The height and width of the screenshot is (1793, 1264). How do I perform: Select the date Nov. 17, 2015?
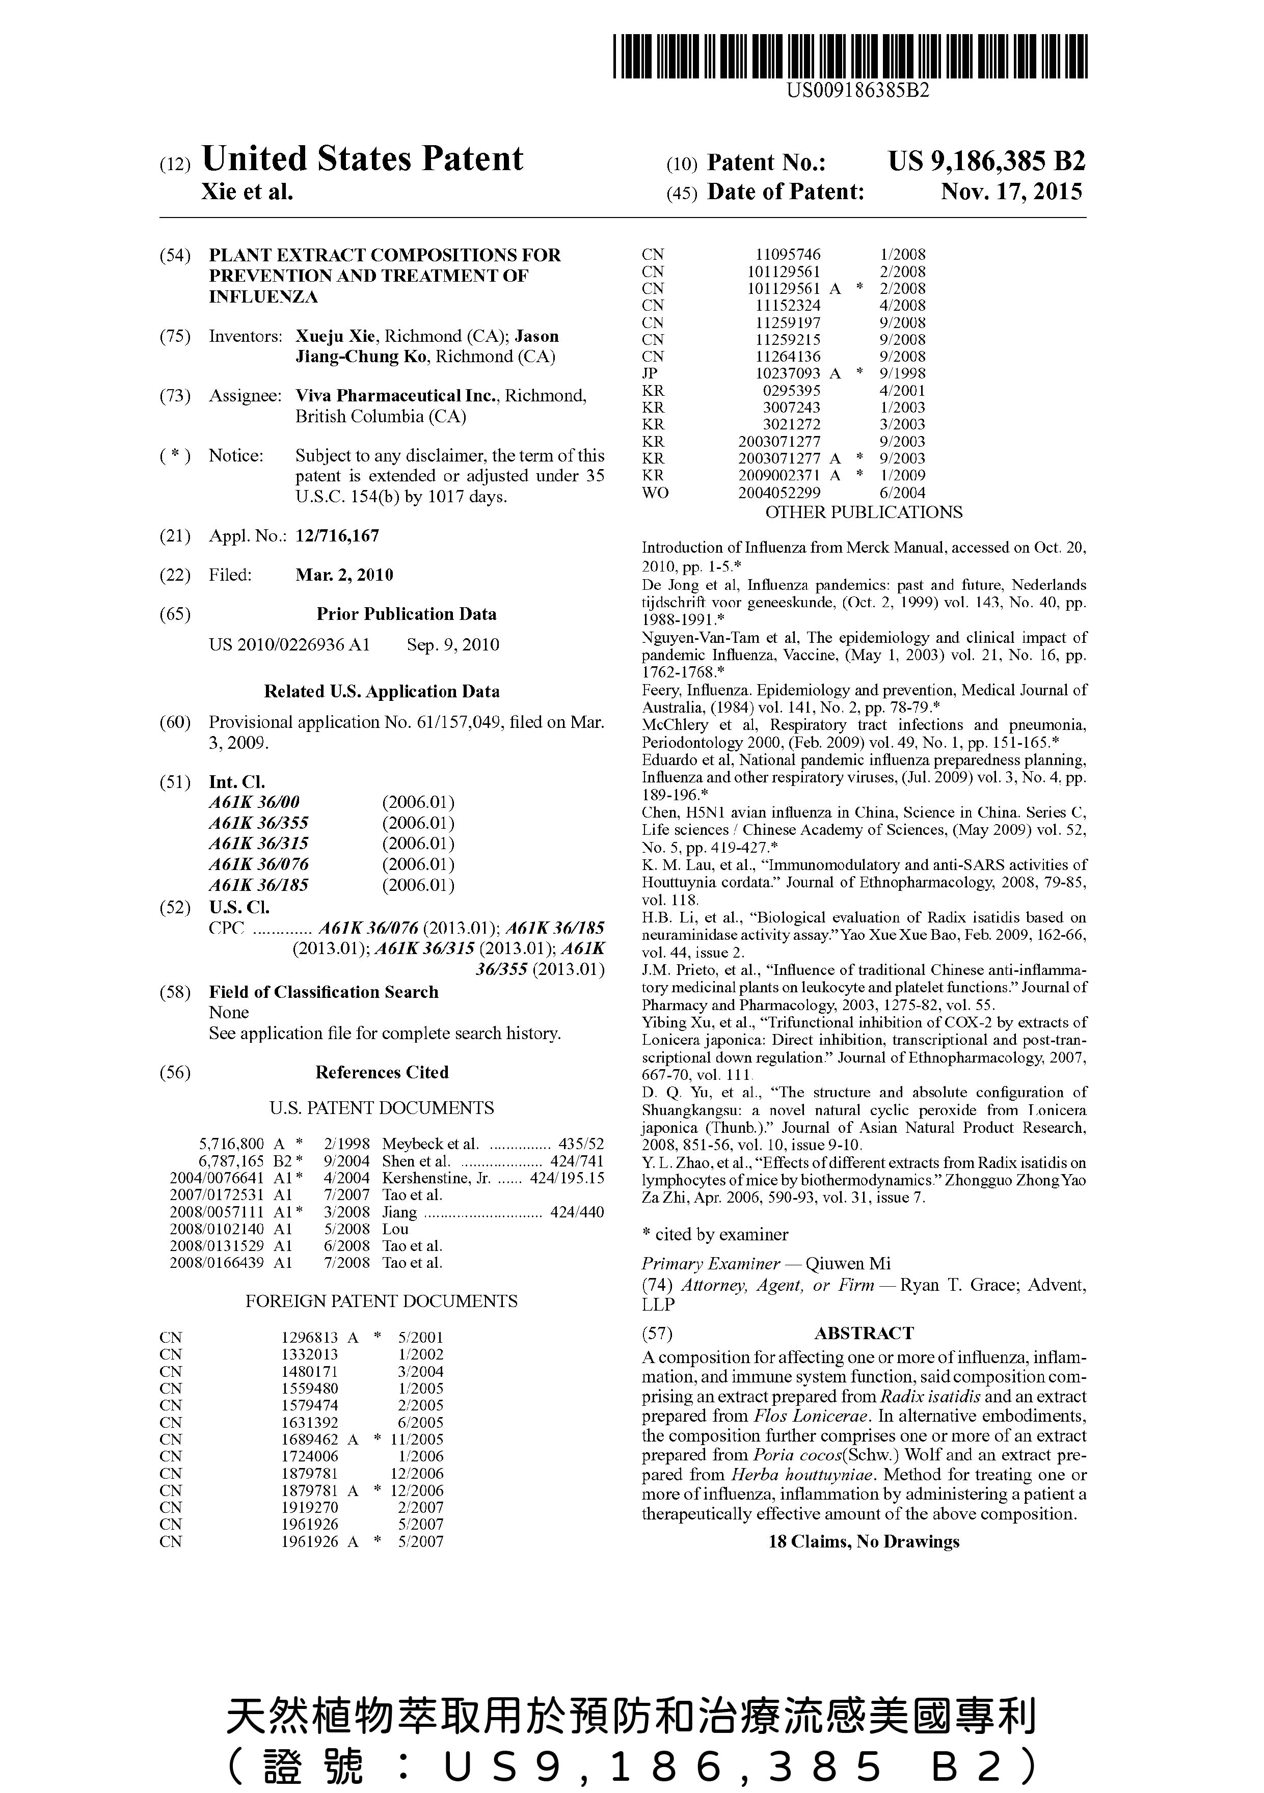[1012, 192]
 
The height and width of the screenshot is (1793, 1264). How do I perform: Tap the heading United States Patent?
[362, 159]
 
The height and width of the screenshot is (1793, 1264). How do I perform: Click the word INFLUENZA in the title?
[263, 297]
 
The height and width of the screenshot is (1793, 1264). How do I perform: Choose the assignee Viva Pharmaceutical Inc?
[397, 396]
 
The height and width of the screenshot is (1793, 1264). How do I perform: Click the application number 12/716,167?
[337, 536]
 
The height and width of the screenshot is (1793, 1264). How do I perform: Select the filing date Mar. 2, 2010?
[344, 576]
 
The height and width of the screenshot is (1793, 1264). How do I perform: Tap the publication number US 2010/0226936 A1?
[289, 645]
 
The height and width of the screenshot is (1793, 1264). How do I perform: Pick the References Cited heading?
[382, 1073]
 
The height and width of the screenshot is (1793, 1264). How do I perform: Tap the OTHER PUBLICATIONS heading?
[863, 513]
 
